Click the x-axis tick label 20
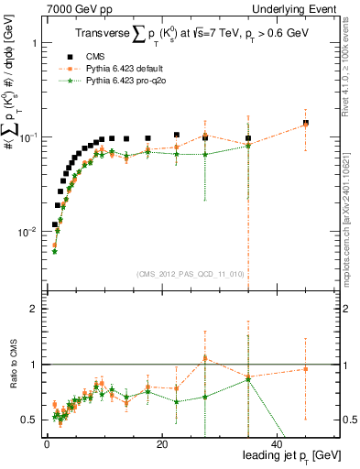pyautogui.click(x=161, y=444)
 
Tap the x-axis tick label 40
pyautogui.click(x=277, y=444)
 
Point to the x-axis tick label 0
pyautogui.click(x=46, y=444)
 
